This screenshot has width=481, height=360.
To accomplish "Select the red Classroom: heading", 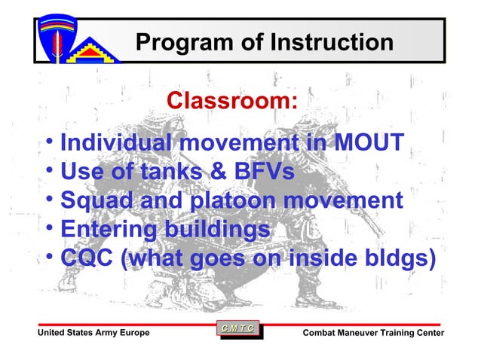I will pyautogui.click(x=232, y=100).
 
